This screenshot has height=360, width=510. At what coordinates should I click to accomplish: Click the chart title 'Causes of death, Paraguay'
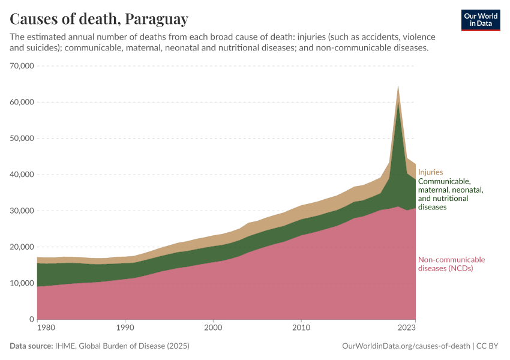click(99, 19)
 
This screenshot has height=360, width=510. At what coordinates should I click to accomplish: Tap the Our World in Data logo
click(481, 20)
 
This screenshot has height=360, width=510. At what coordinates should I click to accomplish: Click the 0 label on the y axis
click(31, 319)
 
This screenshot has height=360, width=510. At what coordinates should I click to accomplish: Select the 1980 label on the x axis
click(37, 328)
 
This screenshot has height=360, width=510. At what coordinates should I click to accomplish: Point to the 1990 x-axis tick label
click(125, 328)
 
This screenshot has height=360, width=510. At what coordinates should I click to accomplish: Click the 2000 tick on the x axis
click(213, 328)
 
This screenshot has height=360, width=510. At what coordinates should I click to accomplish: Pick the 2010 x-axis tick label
click(301, 328)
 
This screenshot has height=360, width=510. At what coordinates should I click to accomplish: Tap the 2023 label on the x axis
click(406, 328)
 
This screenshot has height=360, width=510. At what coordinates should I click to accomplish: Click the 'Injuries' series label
click(430, 172)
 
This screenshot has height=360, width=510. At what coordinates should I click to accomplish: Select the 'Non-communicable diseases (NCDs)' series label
click(451, 264)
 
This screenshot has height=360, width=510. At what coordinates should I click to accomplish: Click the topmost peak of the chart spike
click(398, 86)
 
